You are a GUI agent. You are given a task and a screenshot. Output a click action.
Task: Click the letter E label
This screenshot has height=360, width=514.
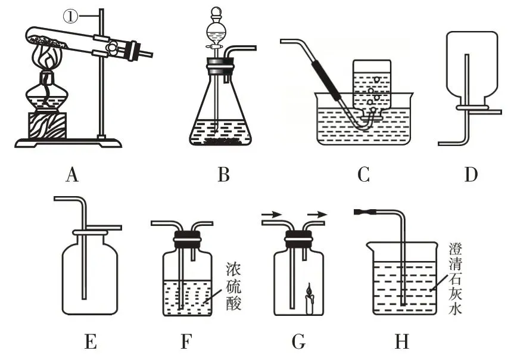[x=91, y=342]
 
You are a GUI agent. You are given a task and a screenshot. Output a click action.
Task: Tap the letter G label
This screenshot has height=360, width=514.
[x=298, y=342]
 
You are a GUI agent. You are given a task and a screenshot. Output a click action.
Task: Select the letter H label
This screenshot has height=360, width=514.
[x=403, y=342]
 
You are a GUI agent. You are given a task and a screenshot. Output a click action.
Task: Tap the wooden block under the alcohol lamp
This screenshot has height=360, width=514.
[x=46, y=125]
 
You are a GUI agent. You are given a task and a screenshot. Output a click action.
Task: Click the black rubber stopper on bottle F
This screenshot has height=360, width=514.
[x=186, y=241]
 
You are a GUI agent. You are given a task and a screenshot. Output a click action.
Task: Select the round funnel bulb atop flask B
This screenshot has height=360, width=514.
[x=218, y=30]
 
